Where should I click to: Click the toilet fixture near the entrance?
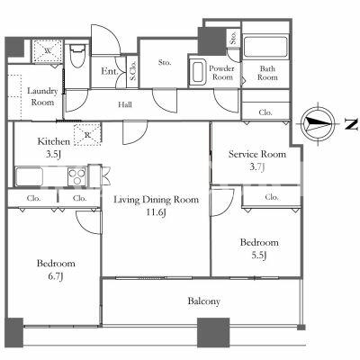pos(77,57)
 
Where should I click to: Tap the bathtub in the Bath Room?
pos(265,47)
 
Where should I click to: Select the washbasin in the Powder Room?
pos(198,72)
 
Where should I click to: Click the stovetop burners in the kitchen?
pos(77,176)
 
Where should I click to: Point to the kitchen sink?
pos(29,176)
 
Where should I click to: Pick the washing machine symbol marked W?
pos(48,51)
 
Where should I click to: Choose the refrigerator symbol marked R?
pos(87,134)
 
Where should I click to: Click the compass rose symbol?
pos(318,123)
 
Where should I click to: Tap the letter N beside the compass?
pos(351,124)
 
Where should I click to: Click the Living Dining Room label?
pos(156,200)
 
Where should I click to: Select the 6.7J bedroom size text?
pos(56,276)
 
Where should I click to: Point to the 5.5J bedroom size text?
pos(259,256)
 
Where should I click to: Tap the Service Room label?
pos(257,154)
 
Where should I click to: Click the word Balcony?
pos(204,301)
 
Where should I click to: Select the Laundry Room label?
pos(42,96)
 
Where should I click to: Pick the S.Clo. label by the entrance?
pos(132,70)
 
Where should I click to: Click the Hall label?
pos(125,104)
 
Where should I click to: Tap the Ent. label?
pos(109,71)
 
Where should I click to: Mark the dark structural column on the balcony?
pos(213,332)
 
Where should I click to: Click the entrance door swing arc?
pos(114,33)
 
